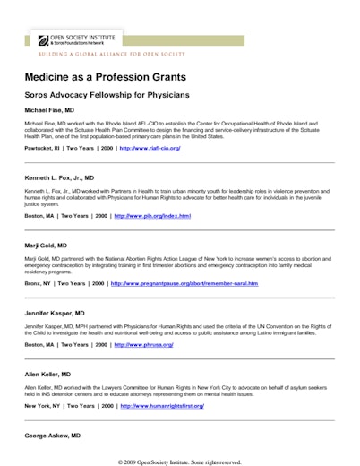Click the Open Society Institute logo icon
coord(42,39)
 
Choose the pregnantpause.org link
coord(184,283)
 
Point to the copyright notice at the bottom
coord(179,462)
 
